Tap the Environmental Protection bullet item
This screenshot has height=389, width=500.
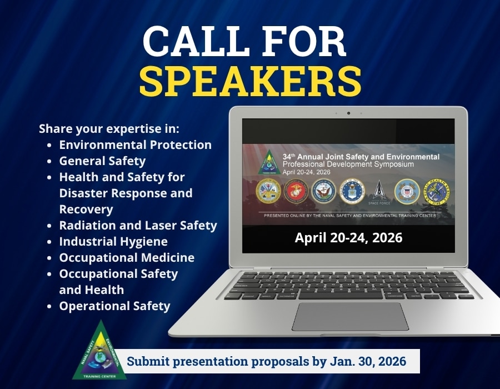135,145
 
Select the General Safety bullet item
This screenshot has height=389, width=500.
102,161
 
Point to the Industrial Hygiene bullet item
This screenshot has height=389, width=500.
113,242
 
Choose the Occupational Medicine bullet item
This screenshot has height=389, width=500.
127,258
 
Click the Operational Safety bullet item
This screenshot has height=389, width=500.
114,306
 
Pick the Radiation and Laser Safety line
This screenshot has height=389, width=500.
138,226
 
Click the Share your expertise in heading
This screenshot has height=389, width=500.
109,129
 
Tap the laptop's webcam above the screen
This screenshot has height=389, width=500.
348,113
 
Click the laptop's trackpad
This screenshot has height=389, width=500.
350,316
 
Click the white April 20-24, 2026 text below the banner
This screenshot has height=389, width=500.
348,238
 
